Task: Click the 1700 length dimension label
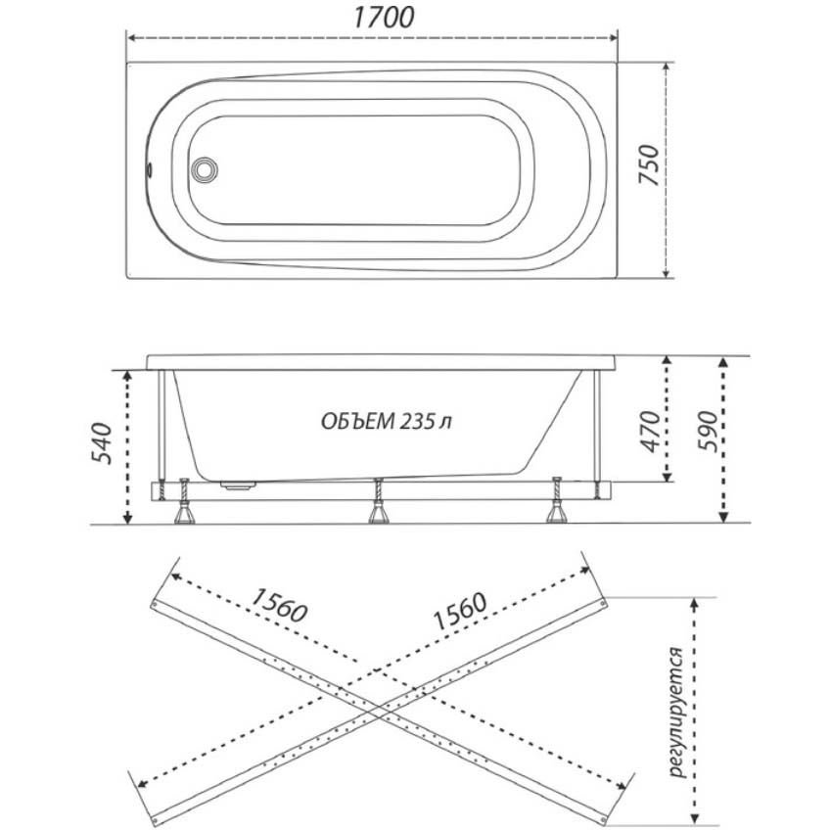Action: (x=384, y=18)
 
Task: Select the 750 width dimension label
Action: (x=650, y=165)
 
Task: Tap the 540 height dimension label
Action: (x=101, y=443)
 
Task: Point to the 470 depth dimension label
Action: (x=650, y=432)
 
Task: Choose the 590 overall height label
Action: (x=708, y=431)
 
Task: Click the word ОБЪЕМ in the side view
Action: (x=358, y=422)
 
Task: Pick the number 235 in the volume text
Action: (x=418, y=421)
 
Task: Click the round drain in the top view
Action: (x=204, y=169)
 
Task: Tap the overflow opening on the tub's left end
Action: (x=150, y=169)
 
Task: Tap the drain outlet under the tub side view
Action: (x=238, y=484)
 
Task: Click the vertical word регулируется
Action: (x=677, y=712)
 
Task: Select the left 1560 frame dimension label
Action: (x=279, y=605)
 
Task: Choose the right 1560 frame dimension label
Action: (x=459, y=612)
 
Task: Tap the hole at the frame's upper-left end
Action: (x=155, y=605)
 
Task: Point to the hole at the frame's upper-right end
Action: (x=602, y=602)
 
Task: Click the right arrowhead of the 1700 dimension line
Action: (x=614, y=37)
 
